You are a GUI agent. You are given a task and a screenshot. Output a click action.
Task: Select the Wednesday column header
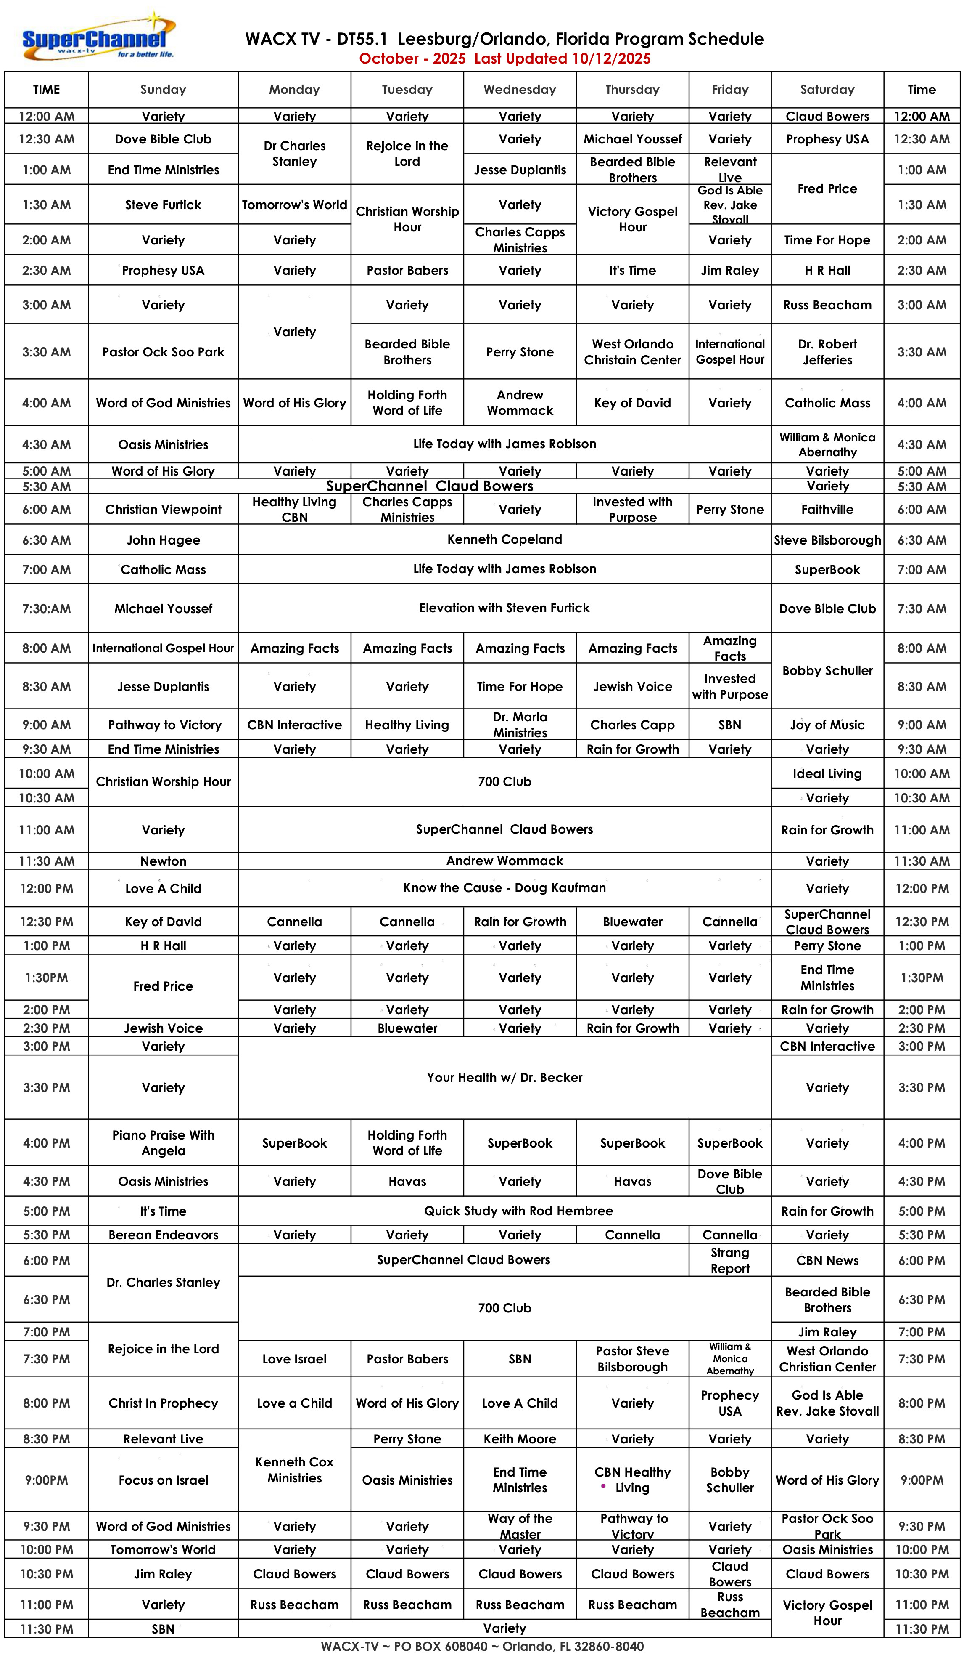tap(520, 90)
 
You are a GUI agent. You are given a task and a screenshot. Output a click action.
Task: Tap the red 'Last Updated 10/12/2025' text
tap(562, 58)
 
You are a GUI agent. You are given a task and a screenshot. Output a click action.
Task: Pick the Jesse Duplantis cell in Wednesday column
tap(520, 170)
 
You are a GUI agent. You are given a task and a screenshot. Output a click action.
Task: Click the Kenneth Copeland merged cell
tap(504, 539)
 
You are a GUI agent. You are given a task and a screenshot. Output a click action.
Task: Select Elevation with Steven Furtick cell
tap(504, 608)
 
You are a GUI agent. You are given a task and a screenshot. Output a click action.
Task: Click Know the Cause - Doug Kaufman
tap(504, 888)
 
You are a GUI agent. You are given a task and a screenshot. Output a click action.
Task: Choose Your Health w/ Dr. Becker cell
tap(504, 1077)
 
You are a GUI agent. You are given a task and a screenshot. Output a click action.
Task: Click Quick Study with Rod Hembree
tap(518, 1211)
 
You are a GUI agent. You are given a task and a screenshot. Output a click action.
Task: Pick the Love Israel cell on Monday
tap(295, 1359)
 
